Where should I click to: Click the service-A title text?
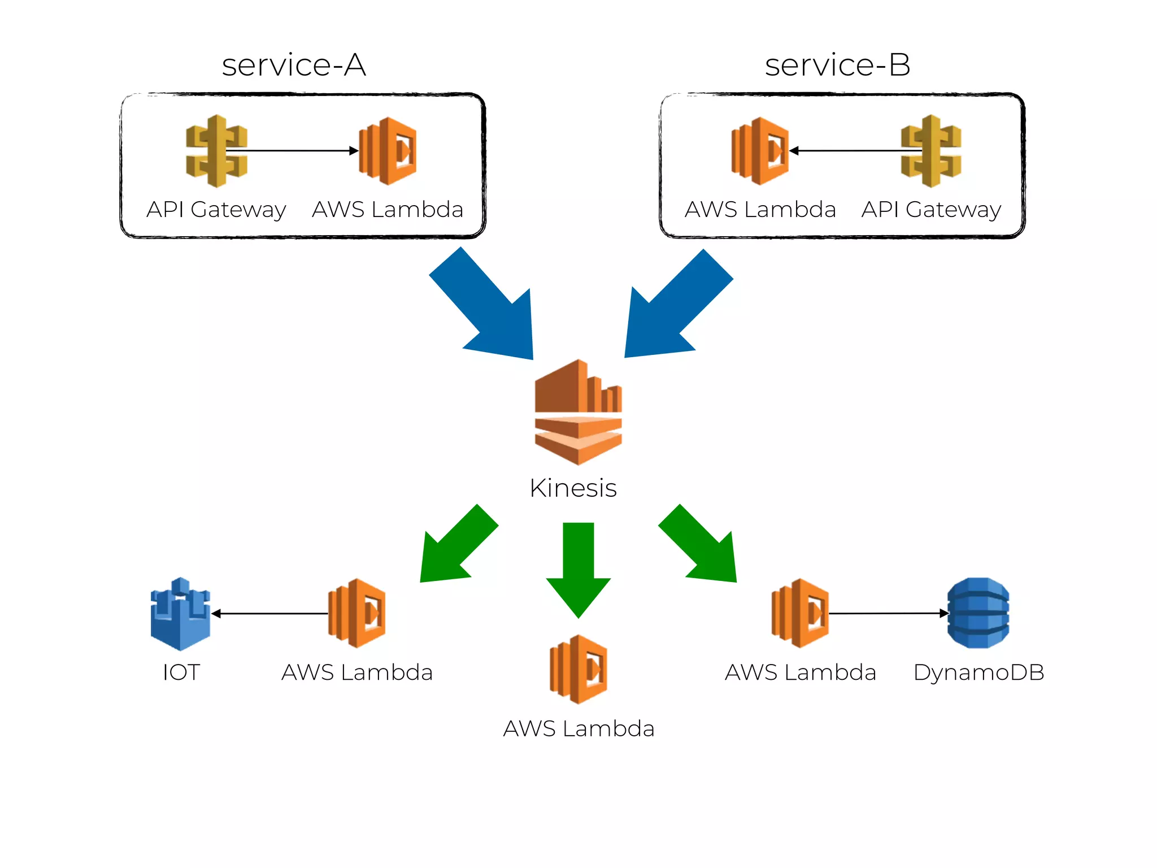point(294,65)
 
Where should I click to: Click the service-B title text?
point(837,65)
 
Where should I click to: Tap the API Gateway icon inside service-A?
point(216,151)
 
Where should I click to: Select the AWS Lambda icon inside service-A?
point(389,151)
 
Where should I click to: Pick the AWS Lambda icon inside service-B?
point(760,151)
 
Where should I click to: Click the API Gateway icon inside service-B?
point(931,151)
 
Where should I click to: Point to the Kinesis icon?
point(578,413)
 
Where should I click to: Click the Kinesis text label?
point(573,488)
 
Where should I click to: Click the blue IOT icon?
point(180,614)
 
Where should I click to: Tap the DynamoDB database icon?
point(978,613)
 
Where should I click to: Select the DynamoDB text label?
point(978,672)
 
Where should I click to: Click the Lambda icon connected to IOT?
point(357,613)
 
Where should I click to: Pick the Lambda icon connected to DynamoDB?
point(801,613)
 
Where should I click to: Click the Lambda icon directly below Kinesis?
point(578,669)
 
